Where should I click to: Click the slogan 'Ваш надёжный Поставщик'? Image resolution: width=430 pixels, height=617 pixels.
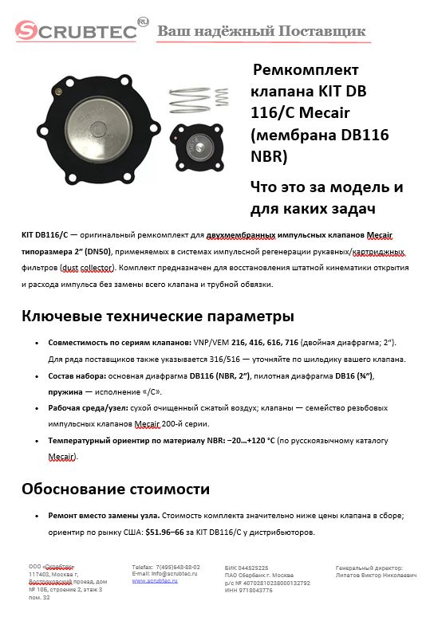coord(262,32)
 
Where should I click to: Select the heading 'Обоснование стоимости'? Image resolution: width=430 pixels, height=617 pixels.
coord(116,488)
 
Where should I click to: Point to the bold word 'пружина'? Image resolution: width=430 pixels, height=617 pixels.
coord(69,391)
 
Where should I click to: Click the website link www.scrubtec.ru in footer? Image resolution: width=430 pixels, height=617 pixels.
coord(155,582)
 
